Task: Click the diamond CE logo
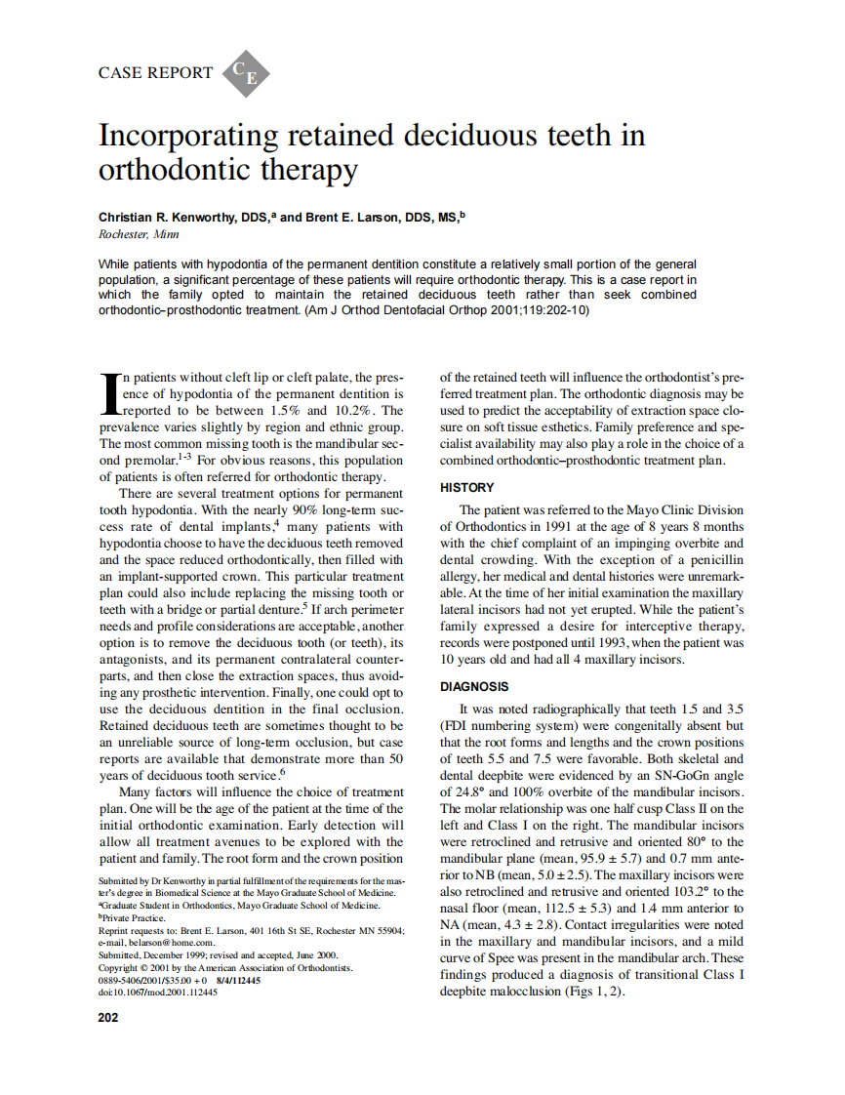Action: coord(246,73)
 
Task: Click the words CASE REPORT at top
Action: coord(155,72)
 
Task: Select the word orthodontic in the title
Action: coord(163,170)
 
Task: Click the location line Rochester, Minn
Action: coord(139,234)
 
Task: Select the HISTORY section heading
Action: coord(467,487)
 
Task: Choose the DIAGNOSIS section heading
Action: coord(474,687)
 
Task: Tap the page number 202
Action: coord(108,1018)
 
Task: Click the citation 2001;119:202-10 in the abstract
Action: coord(534,310)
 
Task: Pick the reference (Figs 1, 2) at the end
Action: coord(592,992)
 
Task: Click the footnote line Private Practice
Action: coord(133,918)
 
